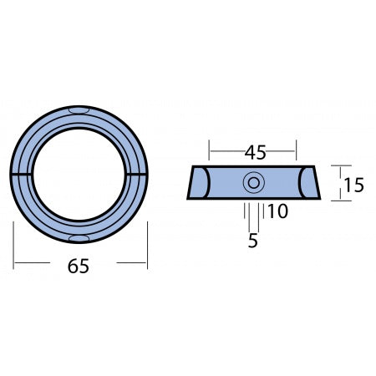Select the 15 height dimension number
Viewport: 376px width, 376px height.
(353, 184)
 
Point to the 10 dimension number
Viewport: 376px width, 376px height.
(277, 212)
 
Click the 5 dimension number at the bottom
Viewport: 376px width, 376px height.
(253, 241)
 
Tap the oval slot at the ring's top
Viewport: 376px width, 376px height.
(80, 110)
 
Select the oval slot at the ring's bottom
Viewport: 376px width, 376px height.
(80, 239)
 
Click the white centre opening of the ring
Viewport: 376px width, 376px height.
(80, 175)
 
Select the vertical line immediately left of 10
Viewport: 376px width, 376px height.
(264, 212)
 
